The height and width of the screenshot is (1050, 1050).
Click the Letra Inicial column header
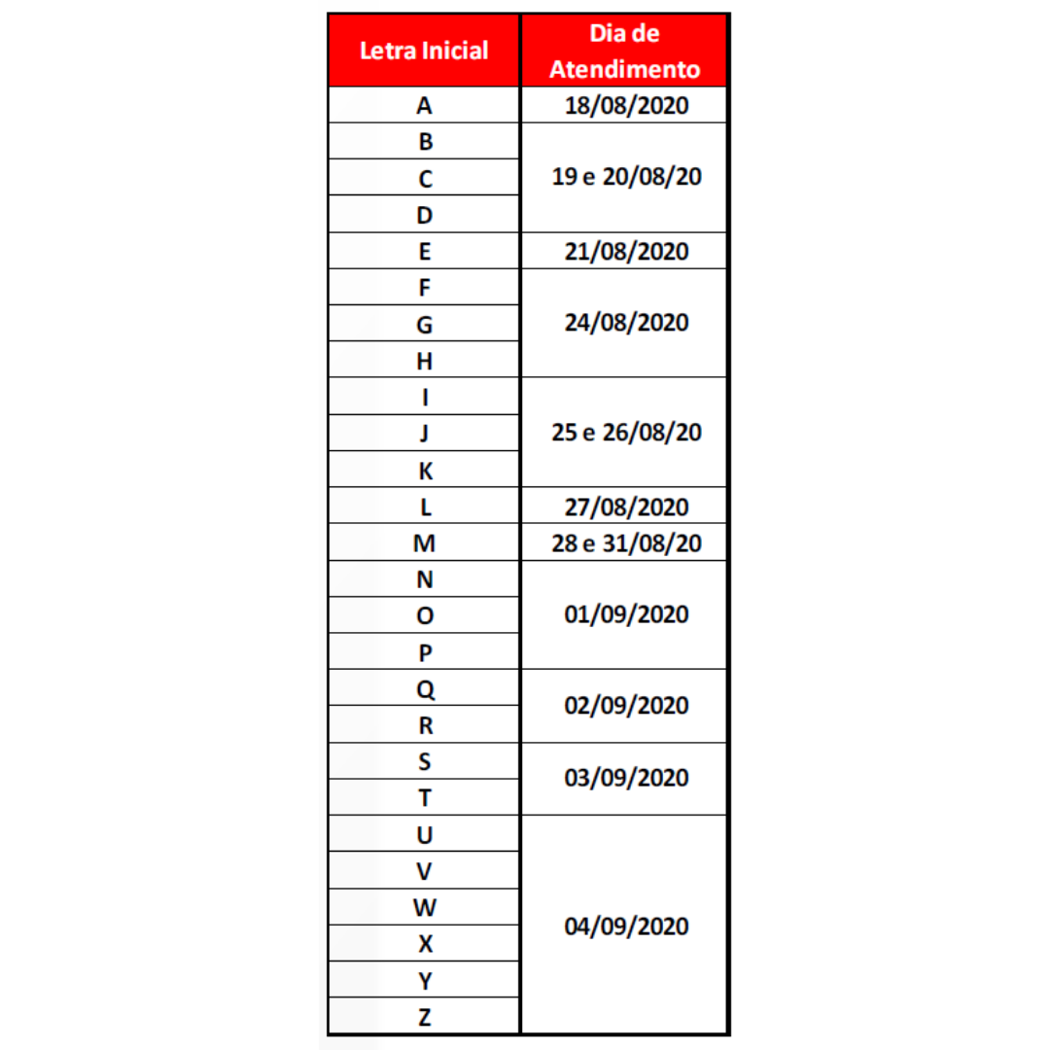424,51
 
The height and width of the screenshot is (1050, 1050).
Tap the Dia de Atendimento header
625,52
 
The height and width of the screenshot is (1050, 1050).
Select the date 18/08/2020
626,105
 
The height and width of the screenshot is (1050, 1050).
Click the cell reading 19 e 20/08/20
626,178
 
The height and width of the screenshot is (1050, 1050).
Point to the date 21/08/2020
626,251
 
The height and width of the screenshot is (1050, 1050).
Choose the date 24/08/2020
626,323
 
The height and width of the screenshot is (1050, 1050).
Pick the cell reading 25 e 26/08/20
626,433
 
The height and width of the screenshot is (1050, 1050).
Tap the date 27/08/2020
626,507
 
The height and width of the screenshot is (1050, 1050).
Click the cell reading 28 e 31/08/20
626,542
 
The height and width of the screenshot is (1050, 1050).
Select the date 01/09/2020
626,614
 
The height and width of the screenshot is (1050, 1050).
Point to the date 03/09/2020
626,779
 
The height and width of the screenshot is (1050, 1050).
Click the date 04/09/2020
626,926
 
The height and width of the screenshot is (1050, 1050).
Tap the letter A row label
425,105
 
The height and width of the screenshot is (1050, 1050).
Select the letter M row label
425,543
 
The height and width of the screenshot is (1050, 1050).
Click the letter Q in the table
425,688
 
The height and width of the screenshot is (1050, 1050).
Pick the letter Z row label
425,1017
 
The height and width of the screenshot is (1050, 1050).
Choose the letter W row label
425,907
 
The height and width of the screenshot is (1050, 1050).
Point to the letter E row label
425,251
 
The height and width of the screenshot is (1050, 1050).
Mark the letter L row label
425,507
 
